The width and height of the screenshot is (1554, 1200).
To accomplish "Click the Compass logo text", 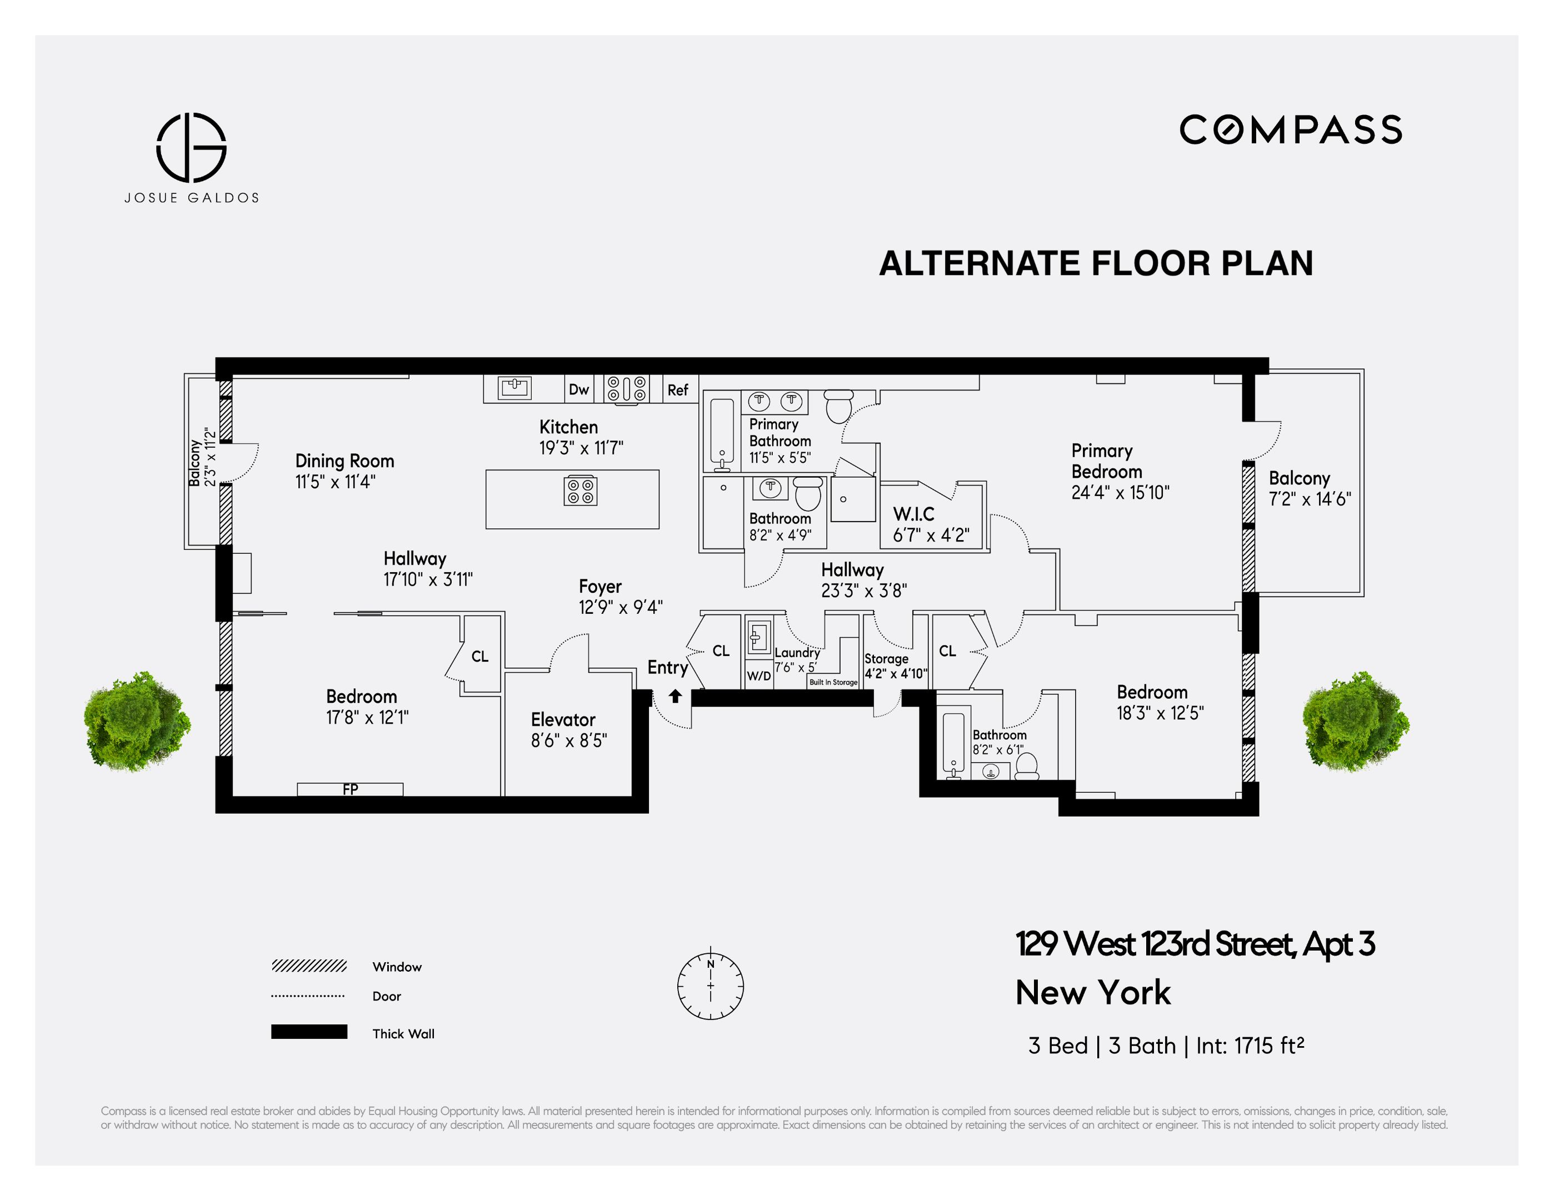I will tap(1291, 129).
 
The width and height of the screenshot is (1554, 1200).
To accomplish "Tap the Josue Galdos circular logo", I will tap(192, 147).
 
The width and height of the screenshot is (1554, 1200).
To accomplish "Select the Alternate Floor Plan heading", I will tap(1096, 263).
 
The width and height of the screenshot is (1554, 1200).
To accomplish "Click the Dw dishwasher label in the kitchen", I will tap(578, 389).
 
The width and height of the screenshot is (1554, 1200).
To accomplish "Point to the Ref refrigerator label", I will tap(677, 390).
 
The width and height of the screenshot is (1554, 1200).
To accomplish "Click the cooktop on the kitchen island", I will tap(580, 491).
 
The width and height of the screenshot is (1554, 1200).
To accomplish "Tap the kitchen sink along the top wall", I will tap(514, 388).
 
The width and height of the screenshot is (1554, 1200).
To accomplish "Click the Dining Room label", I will tap(344, 461).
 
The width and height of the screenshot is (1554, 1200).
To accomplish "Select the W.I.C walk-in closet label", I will tap(913, 513).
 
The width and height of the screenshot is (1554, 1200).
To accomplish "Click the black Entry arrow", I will tap(675, 696).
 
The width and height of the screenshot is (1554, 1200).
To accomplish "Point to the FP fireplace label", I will tap(350, 789).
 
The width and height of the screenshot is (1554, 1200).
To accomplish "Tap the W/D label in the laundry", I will tap(758, 676).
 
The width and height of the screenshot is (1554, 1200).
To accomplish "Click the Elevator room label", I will tap(563, 720).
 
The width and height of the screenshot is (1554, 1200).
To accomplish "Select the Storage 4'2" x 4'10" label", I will tap(895, 666).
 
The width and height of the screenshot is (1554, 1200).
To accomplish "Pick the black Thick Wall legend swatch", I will tap(309, 1032).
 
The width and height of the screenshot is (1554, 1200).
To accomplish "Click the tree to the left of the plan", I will tap(137, 721).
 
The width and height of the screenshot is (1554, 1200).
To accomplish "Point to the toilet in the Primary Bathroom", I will tap(839, 406).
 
